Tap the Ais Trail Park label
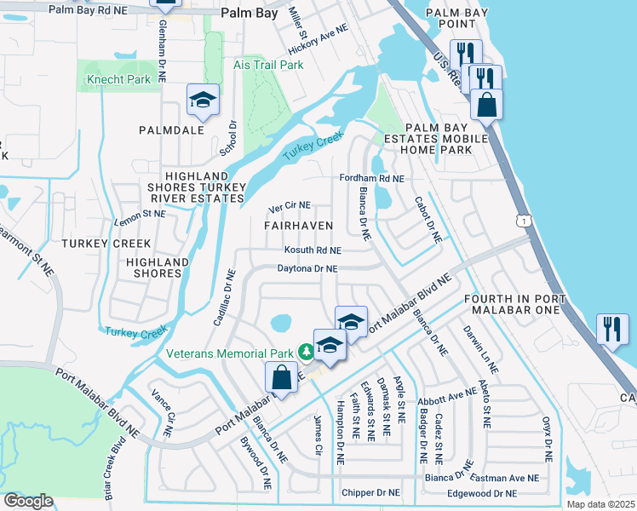tap(268, 65)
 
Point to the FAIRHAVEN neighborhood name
tap(298, 225)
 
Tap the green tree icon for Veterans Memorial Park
tap(305, 352)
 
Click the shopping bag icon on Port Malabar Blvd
tap(282, 377)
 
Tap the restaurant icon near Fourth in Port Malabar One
tap(612, 329)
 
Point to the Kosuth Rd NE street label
tap(313, 251)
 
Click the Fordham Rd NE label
tap(371, 179)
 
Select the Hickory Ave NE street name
tap(318, 40)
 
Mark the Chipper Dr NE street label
tap(370, 492)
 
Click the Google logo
tap(28, 501)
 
